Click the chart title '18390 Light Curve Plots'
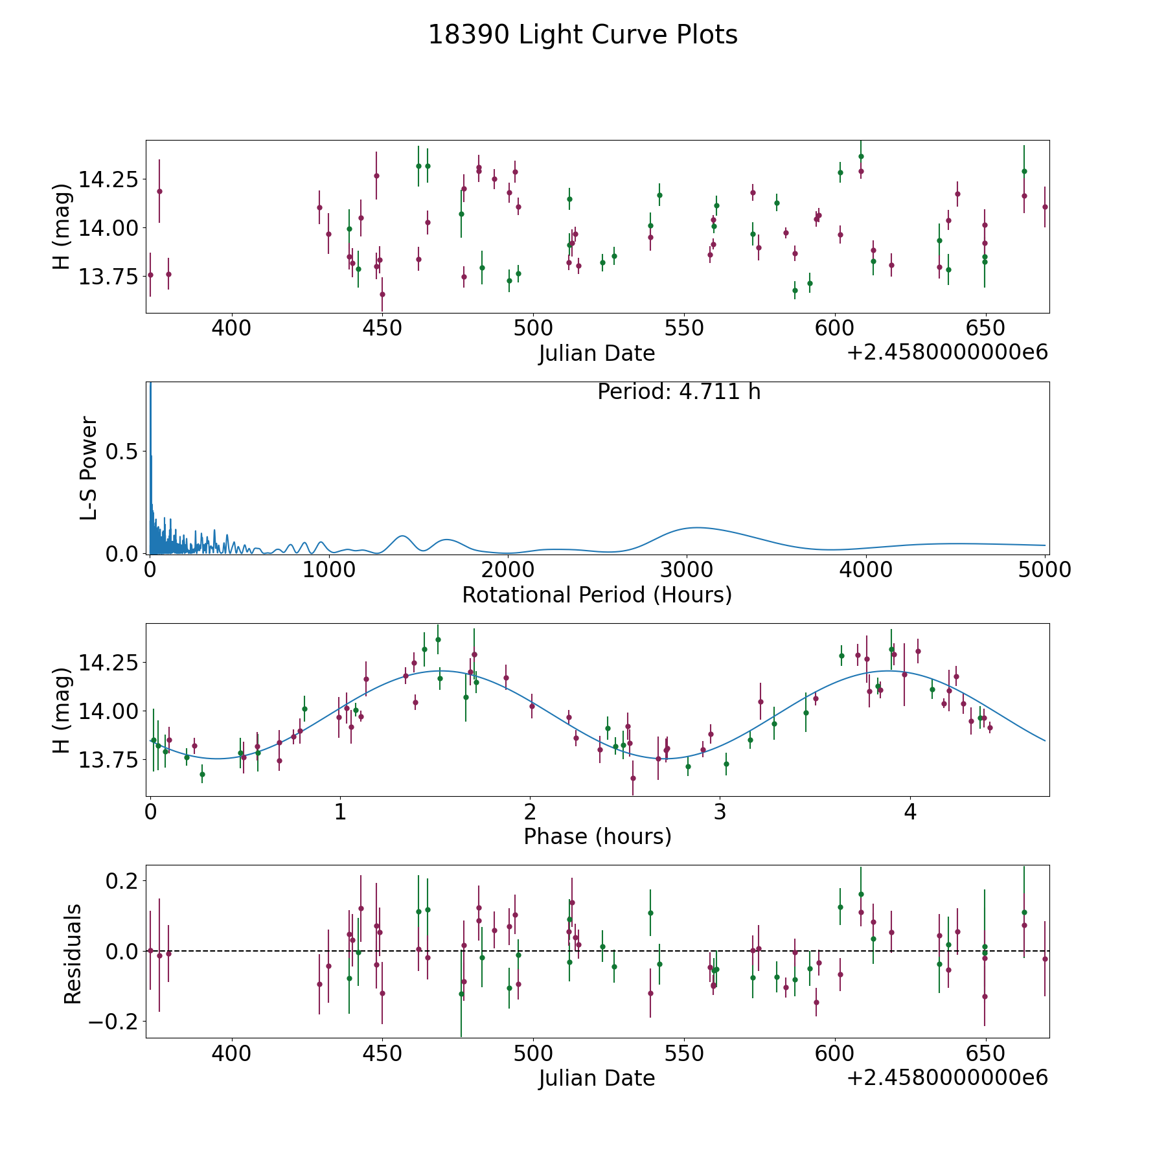pyautogui.click(x=582, y=35)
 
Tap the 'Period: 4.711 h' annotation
pyautogui.click(x=678, y=392)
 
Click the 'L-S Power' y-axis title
pyautogui.click(x=89, y=468)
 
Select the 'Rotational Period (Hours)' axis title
pyautogui.click(x=597, y=595)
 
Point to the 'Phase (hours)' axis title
pyautogui.click(x=597, y=836)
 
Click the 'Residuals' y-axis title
pyautogui.click(x=73, y=953)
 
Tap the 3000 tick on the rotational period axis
pyautogui.click(x=687, y=570)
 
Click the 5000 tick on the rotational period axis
pyautogui.click(x=1045, y=570)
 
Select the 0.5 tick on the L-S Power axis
pyautogui.click(x=123, y=452)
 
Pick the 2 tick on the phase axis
pyautogui.click(x=530, y=812)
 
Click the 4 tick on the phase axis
pyautogui.click(x=910, y=812)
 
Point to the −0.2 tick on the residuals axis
pyautogui.click(x=113, y=1022)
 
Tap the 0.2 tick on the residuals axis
pyautogui.click(x=123, y=881)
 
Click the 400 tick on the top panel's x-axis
pyautogui.click(x=231, y=328)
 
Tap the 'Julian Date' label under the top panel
pyautogui.click(x=597, y=354)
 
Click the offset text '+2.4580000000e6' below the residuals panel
pyautogui.click(x=947, y=1077)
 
